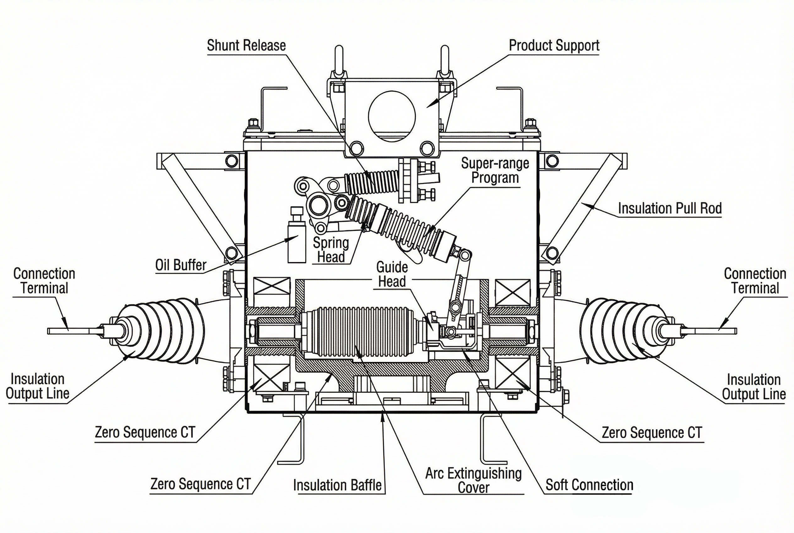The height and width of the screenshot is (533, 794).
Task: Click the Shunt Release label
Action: pyautogui.click(x=246, y=46)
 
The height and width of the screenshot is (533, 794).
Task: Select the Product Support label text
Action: pyautogui.click(x=554, y=46)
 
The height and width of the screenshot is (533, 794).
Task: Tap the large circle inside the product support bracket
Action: pyautogui.click(x=391, y=116)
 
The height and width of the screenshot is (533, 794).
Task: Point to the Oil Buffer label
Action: pyautogui.click(x=181, y=265)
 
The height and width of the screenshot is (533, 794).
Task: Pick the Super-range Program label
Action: pyautogui.click(x=495, y=171)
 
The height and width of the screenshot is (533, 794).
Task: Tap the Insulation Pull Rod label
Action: pyautogui.click(x=670, y=208)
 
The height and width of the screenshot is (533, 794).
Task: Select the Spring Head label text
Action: pyautogui.click(x=331, y=250)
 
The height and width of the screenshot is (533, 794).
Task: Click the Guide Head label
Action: pyautogui.click(x=392, y=274)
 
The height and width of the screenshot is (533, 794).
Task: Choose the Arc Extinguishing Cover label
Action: pyautogui.click(x=473, y=480)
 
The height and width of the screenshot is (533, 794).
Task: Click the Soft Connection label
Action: pyautogui.click(x=589, y=485)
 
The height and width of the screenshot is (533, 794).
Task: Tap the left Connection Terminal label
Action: pyautogui.click(x=44, y=281)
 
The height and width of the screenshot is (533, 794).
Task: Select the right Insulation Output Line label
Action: pyautogui.click(x=753, y=387)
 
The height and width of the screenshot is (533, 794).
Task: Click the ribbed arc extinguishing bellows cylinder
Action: pyautogui.click(x=360, y=330)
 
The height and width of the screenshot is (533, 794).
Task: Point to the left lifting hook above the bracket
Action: pyautogui.click(x=339, y=63)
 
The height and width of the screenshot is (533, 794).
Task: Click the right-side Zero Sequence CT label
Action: pyautogui.click(x=651, y=433)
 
